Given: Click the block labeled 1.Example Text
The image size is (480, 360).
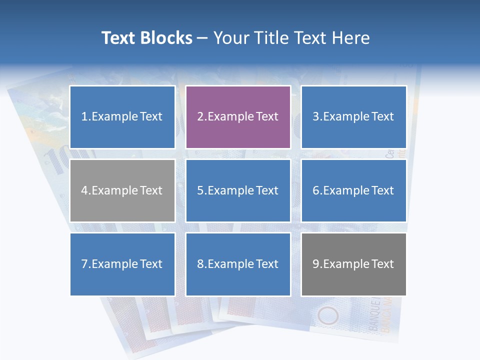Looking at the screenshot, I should [122, 117].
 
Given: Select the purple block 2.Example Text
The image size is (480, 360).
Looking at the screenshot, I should [238, 117].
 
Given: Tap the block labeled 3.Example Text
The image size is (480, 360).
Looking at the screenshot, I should [353, 117].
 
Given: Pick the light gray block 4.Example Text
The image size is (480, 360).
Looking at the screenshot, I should [122, 190].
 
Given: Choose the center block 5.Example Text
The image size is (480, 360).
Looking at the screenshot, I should [238, 190].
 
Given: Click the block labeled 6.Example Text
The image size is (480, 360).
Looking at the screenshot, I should [353, 190].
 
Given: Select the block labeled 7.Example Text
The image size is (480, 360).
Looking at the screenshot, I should [122, 264].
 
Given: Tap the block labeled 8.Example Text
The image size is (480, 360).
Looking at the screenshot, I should [238, 264].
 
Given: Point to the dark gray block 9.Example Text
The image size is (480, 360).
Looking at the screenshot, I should [353, 264].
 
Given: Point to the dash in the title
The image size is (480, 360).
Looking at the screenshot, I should [202, 38].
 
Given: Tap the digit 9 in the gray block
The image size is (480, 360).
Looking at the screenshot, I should [316, 264].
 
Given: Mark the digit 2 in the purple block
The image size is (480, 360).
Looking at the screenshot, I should [200, 117].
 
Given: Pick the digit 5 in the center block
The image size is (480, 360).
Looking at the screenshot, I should [200, 190].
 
